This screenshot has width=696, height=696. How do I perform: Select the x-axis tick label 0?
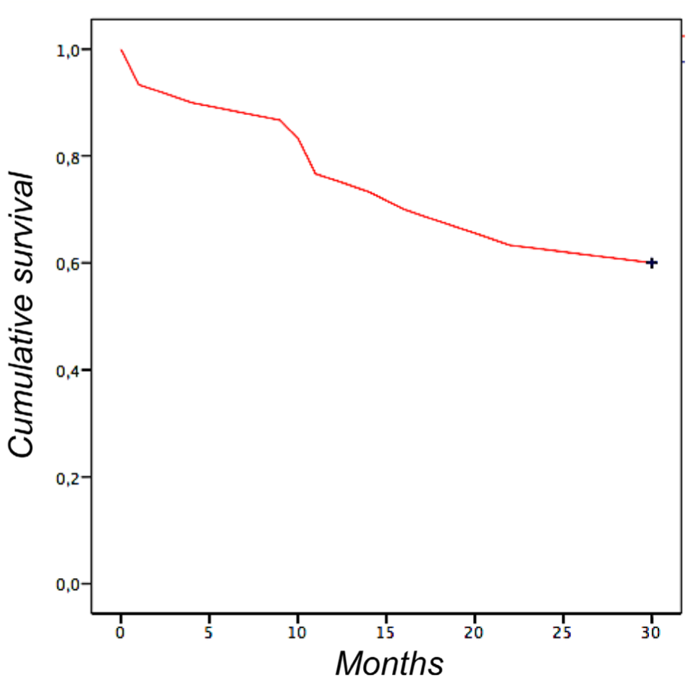click(x=121, y=631)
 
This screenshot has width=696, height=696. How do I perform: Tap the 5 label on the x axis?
click(x=209, y=631)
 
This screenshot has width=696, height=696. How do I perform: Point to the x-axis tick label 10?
click(x=297, y=631)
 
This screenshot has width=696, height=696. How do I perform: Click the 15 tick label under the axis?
click(x=386, y=631)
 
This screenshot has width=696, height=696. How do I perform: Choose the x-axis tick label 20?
click(x=475, y=631)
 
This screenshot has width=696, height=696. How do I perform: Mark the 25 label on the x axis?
click(x=563, y=631)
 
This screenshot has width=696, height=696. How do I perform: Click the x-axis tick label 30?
click(x=651, y=631)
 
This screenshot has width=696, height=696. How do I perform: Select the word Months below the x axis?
click(x=389, y=663)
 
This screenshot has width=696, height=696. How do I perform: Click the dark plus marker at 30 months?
click(x=651, y=263)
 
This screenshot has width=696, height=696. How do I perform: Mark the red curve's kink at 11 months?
click(x=315, y=174)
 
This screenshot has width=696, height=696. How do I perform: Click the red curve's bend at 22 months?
click(x=511, y=245)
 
